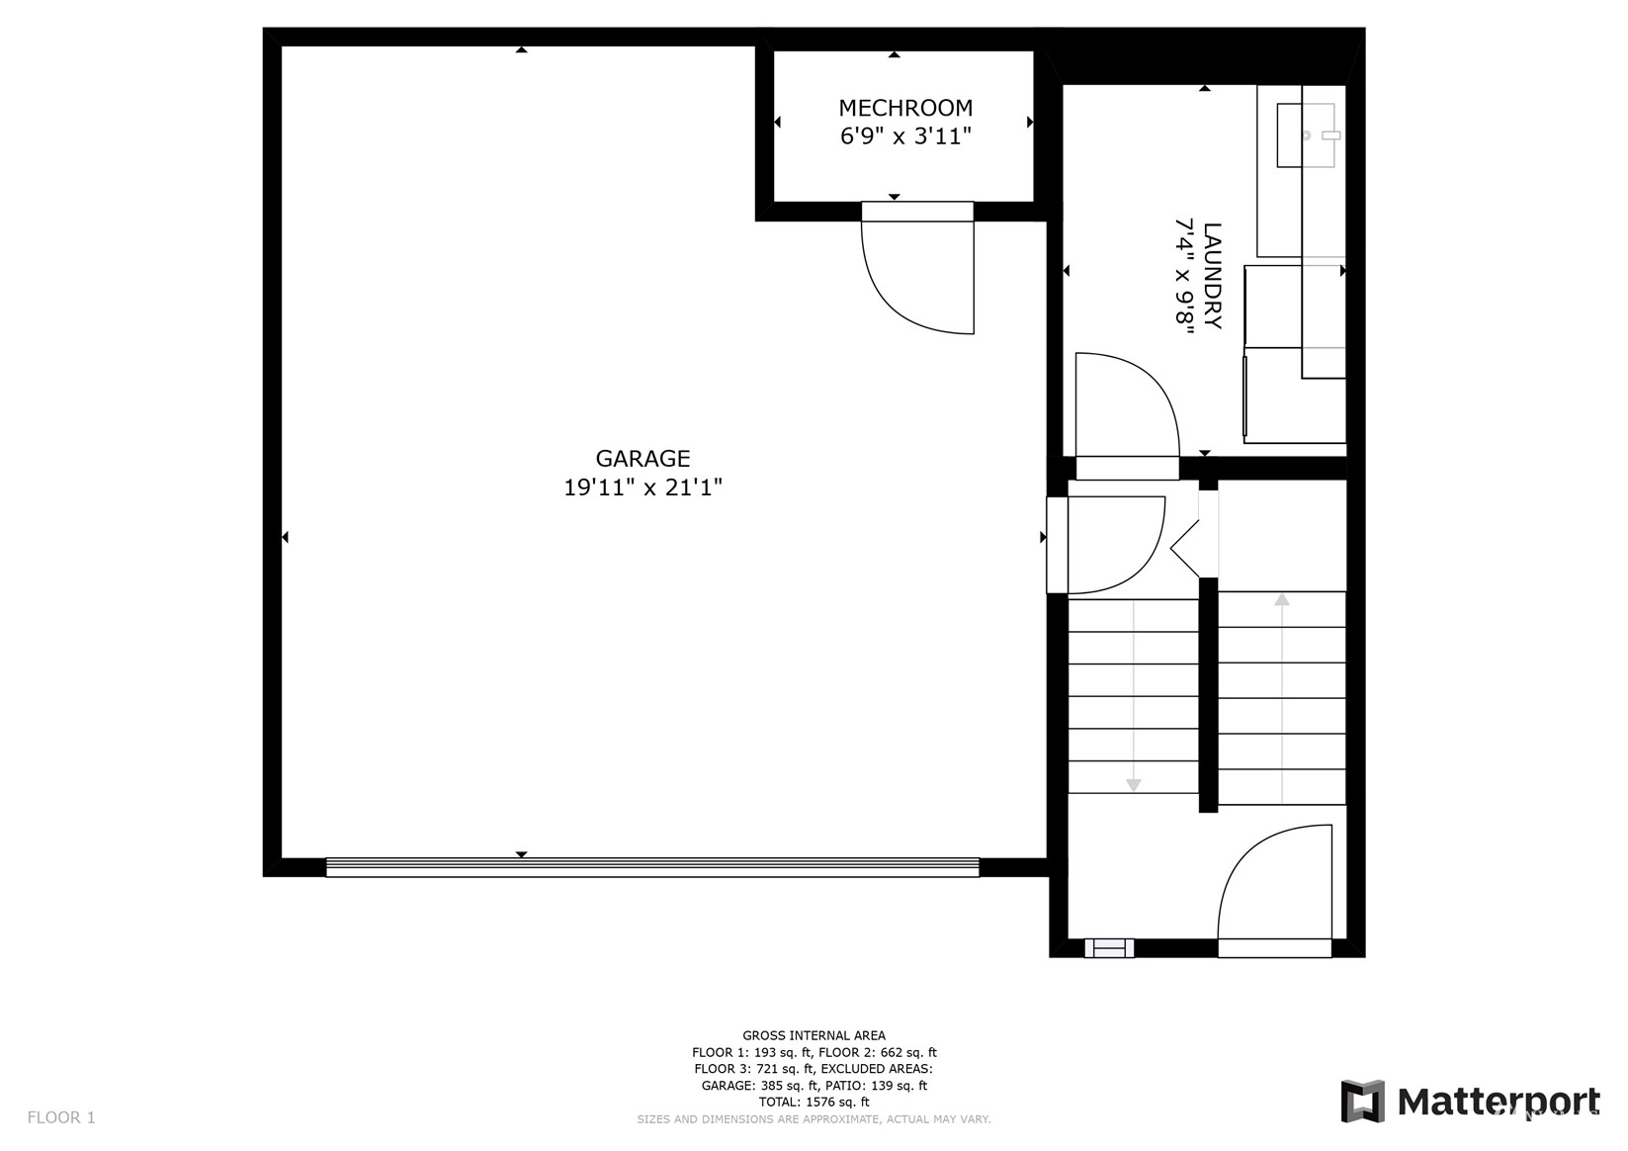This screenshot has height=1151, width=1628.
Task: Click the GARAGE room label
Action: tap(643, 459)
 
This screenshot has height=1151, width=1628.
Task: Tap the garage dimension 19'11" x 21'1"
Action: tap(643, 487)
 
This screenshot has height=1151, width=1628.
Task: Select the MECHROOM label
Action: tap(905, 108)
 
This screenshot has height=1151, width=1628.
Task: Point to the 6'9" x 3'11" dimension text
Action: tap(905, 136)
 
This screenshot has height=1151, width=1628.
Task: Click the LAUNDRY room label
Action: tap(1213, 276)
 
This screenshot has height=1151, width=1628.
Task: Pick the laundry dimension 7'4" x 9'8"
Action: tap(1184, 276)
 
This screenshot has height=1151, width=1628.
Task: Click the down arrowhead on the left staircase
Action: tap(1134, 785)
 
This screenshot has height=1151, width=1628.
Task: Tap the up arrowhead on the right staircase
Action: tap(1282, 599)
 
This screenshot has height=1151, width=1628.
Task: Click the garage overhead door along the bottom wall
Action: tap(652, 867)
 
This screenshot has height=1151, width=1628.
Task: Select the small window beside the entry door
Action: tap(1109, 948)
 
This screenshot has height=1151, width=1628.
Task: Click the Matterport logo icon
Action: tap(1362, 1101)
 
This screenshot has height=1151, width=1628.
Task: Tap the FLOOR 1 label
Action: tap(61, 1117)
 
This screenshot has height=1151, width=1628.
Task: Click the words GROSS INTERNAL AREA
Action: tap(814, 1035)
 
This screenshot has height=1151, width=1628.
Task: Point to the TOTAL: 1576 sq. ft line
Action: tap(814, 1102)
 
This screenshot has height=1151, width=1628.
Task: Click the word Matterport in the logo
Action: tap(1499, 1101)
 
